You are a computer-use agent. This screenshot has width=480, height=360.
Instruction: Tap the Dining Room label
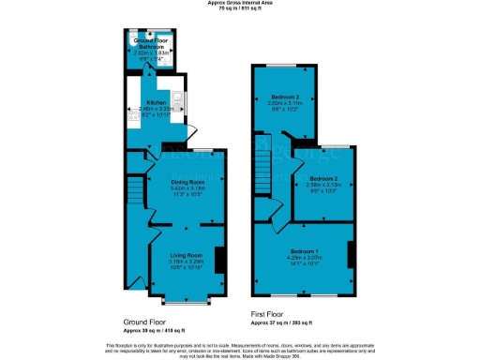point(187,182)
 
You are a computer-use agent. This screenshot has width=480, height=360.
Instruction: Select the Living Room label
point(185,255)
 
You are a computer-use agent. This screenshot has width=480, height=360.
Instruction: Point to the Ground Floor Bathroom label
point(150,43)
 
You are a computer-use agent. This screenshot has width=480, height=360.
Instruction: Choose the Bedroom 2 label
point(324,178)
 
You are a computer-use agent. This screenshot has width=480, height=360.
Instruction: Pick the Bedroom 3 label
point(286,97)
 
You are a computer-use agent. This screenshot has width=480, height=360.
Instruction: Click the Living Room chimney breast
point(219,260)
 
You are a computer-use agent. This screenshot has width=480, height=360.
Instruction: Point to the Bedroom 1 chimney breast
point(351,255)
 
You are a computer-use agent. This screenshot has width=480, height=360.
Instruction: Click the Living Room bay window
point(184,301)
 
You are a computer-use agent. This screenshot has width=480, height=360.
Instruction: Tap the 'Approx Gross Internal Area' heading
point(240,4)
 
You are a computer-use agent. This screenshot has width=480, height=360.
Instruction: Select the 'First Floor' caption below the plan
point(269,315)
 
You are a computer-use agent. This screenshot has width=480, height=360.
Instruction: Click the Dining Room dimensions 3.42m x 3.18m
point(187,188)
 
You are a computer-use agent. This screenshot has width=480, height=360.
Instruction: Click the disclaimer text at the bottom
point(240,348)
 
